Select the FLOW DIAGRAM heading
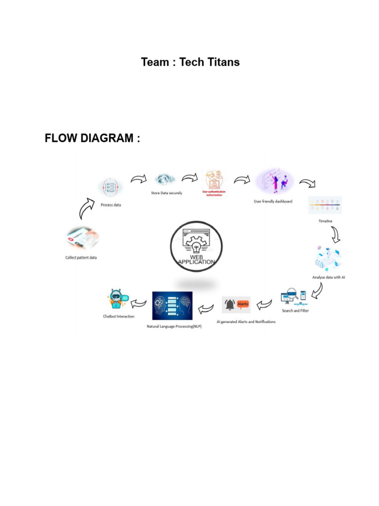[x=92, y=138]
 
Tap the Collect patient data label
[x=81, y=257]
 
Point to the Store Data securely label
[x=166, y=193]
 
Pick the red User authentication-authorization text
[x=214, y=193]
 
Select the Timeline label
[x=325, y=221]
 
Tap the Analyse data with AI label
[x=328, y=277]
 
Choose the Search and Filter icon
[x=294, y=297]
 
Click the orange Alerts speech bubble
[x=243, y=304]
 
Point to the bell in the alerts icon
[x=229, y=305]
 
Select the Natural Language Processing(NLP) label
[x=174, y=326]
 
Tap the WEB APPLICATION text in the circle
[x=196, y=260]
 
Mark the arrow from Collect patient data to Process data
[x=87, y=208]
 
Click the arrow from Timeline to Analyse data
[x=335, y=235]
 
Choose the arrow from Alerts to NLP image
[x=206, y=308]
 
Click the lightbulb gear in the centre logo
[x=196, y=245]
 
